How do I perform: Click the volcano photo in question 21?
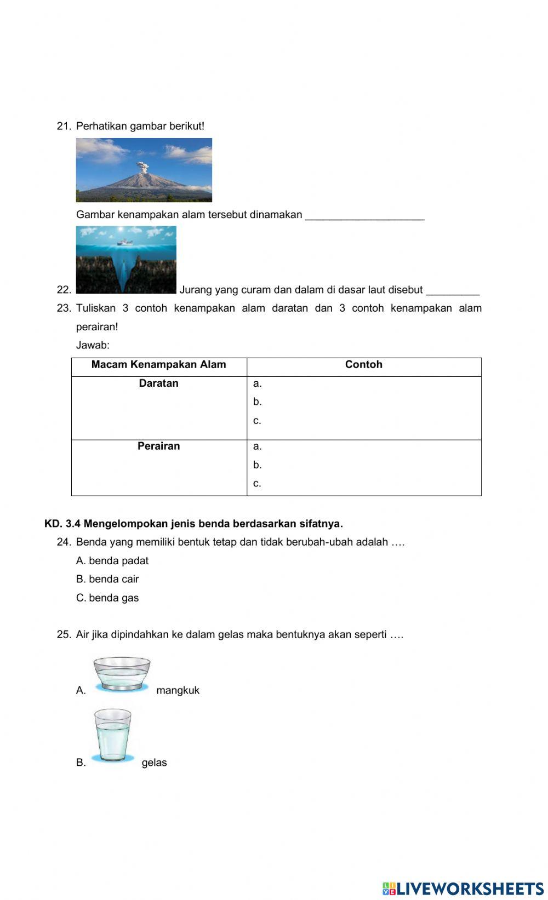point(144,170)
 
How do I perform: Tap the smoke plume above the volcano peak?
point(144,165)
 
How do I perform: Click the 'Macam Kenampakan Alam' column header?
point(158,365)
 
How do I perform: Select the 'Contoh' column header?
point(363,365)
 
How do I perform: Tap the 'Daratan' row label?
point(158,383)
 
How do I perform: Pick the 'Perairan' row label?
point(158,446)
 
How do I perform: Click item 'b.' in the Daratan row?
point(258,402)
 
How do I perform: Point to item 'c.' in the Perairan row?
point(257,484)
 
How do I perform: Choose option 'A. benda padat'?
point(112,561)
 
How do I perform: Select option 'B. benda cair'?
point(107,580)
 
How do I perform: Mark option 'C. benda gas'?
point(107,598)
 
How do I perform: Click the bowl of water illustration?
point(122,674)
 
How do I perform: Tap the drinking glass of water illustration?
point(113,735)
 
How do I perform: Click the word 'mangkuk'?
point(178,691)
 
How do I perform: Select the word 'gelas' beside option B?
point(154,763)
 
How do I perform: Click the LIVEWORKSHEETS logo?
point(463,888)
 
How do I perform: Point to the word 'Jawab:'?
point(93,346)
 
